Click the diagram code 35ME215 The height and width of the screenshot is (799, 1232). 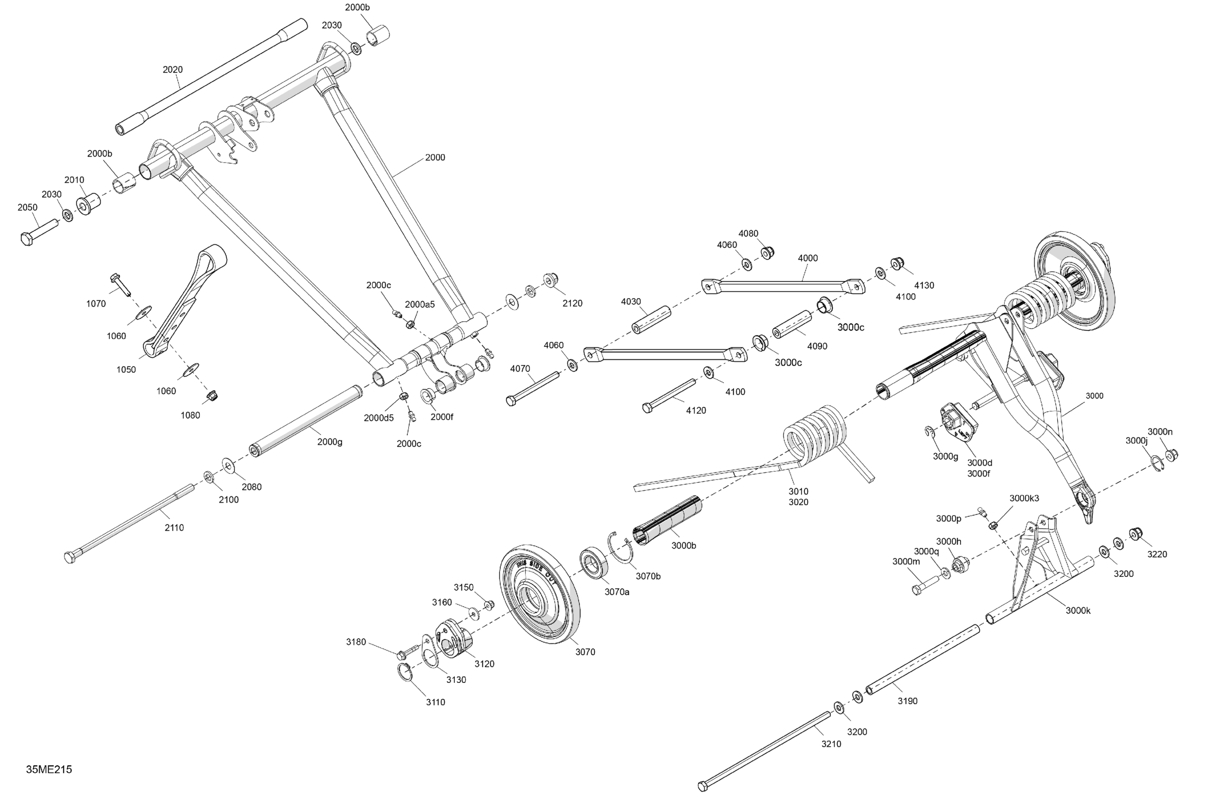[49, 769]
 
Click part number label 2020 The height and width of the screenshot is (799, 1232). [172, 70]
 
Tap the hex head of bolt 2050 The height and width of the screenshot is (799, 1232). [26, 239]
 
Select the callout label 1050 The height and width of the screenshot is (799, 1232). [126, 370]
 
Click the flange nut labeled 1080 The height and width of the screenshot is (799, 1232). [212, 397]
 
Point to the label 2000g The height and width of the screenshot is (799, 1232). [330, 442]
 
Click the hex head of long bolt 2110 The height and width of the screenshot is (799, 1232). [70, 558]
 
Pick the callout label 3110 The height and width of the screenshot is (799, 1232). [436, 702]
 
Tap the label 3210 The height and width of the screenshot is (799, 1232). [831, 744]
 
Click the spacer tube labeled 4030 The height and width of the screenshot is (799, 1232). [651, 320]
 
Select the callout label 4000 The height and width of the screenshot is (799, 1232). [808, 258]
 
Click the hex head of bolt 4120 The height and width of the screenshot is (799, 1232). [647, 407]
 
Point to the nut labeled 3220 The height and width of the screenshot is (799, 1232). [1136, 533]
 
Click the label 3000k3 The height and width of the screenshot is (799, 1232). [1024, 498]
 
